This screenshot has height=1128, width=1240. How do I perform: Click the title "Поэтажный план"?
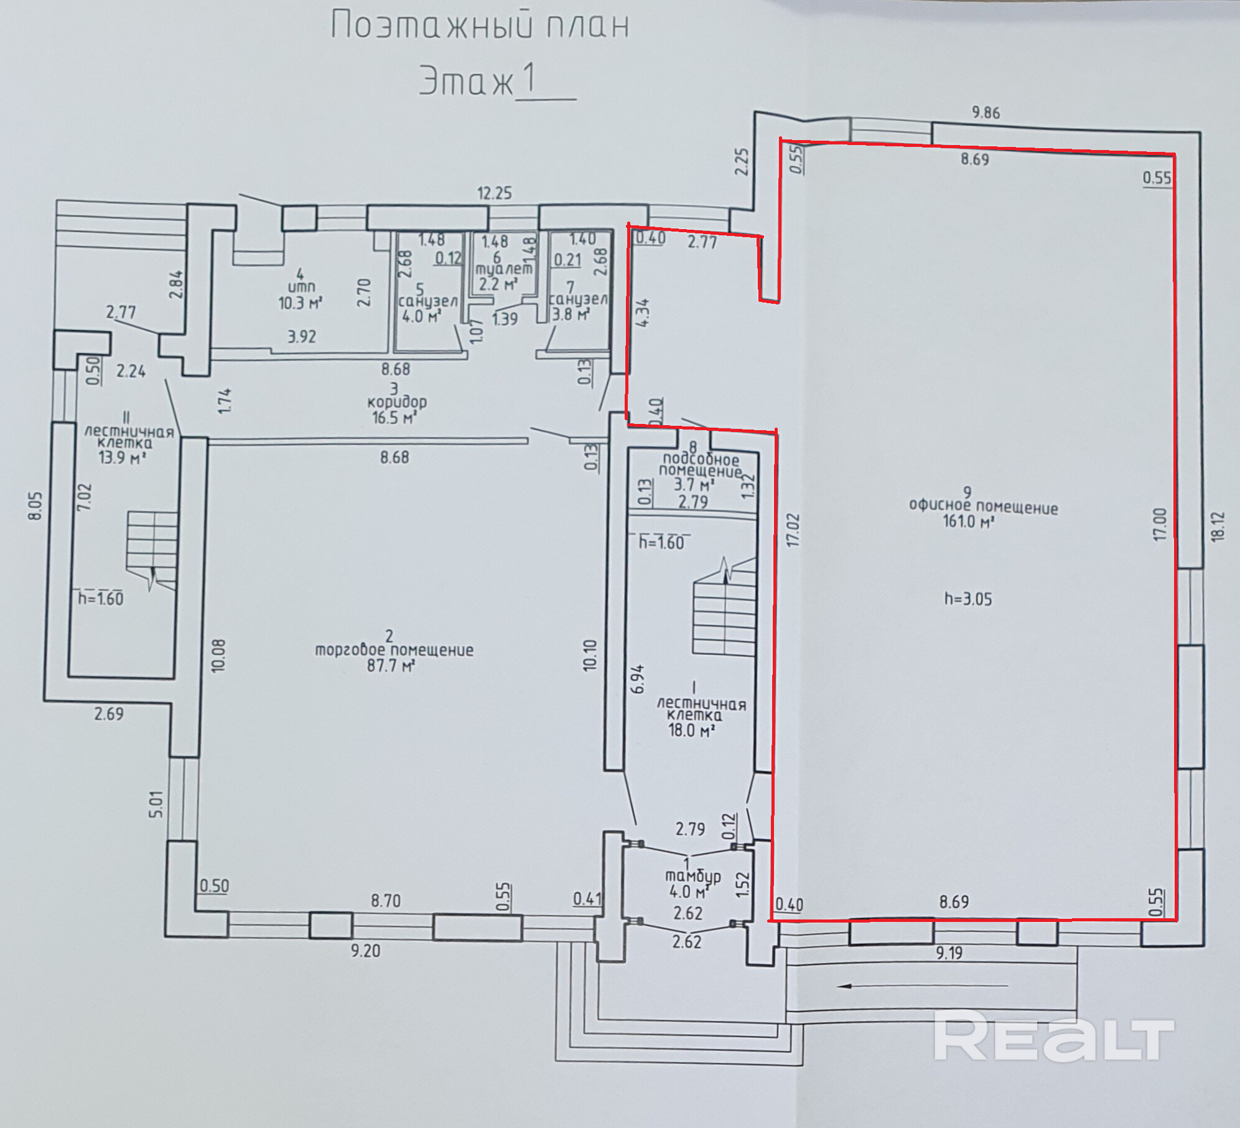pos(479,26)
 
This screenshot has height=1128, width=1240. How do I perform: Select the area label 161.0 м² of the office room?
pos(968,521)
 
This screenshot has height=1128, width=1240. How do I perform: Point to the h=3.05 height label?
pos(967,599)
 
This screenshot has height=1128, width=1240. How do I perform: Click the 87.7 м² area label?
pos(391,665)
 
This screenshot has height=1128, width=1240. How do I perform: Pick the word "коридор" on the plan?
pos(397,402)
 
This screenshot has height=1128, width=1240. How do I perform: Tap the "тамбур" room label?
pos(693,876)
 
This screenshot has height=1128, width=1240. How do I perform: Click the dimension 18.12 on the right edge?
pos(1218,527)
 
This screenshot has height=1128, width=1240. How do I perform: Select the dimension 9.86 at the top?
pos(986,113)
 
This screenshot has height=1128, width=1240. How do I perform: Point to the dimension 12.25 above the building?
pos(494,193)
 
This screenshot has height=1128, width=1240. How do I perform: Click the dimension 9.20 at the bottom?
pos(365,951)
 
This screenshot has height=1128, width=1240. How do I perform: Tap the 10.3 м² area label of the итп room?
pos(300,303)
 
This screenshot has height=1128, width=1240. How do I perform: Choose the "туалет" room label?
pos(504,270)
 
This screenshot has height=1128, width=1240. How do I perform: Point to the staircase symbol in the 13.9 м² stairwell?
pos(153,548)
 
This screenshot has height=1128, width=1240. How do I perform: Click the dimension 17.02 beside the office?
pos(793,530)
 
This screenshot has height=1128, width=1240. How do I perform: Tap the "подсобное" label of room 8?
pos(701,459)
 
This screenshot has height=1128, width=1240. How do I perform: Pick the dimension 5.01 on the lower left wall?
pos(156,804)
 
